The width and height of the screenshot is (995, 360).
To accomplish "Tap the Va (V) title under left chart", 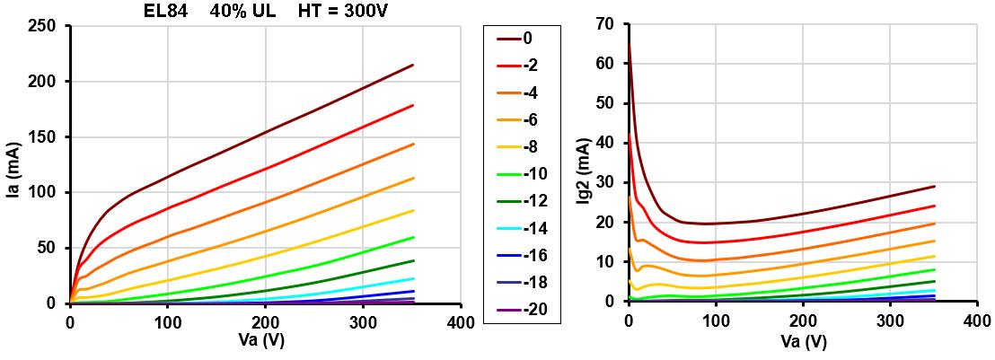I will [264, 342].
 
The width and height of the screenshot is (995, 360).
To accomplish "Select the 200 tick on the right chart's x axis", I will [802, 320].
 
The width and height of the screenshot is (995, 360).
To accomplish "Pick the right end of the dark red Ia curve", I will [412, 65].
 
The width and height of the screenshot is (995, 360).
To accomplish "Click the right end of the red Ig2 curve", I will [935, 206].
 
